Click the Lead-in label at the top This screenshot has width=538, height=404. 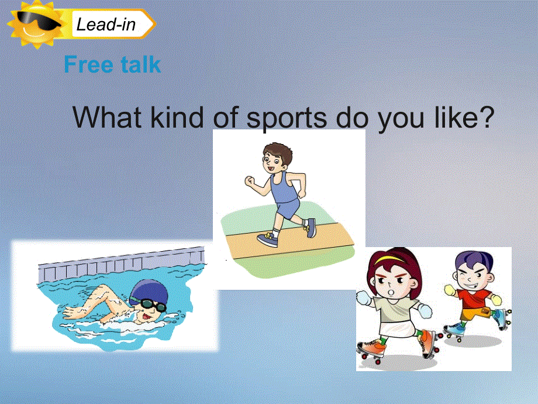[106, 25]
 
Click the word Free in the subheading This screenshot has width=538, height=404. [87, 64]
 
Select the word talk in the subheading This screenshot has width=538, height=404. [138, 64]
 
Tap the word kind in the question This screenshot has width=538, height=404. [175, 118]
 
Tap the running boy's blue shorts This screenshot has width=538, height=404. [288, 207]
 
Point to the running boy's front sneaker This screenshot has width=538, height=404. [267, 239]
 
